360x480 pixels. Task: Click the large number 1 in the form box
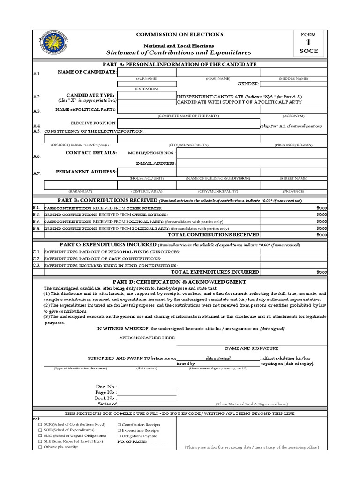[x=309, y=43]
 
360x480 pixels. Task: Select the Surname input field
[x=147, y=72]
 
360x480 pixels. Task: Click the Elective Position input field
[x=189, y=123]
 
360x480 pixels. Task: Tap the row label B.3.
[x=37, y=221]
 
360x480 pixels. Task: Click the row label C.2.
[x=37, y=258]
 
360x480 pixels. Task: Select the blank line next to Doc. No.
[x=147, y=387]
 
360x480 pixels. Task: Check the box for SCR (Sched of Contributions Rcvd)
[x=40, y=425]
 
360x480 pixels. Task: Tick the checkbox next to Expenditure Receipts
[x=119, y=430]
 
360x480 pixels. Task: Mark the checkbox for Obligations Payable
[x=119, y=436]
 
